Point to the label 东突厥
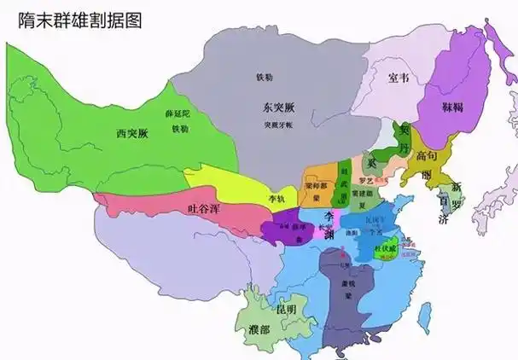point(278,107)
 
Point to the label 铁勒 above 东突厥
point(265,77)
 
